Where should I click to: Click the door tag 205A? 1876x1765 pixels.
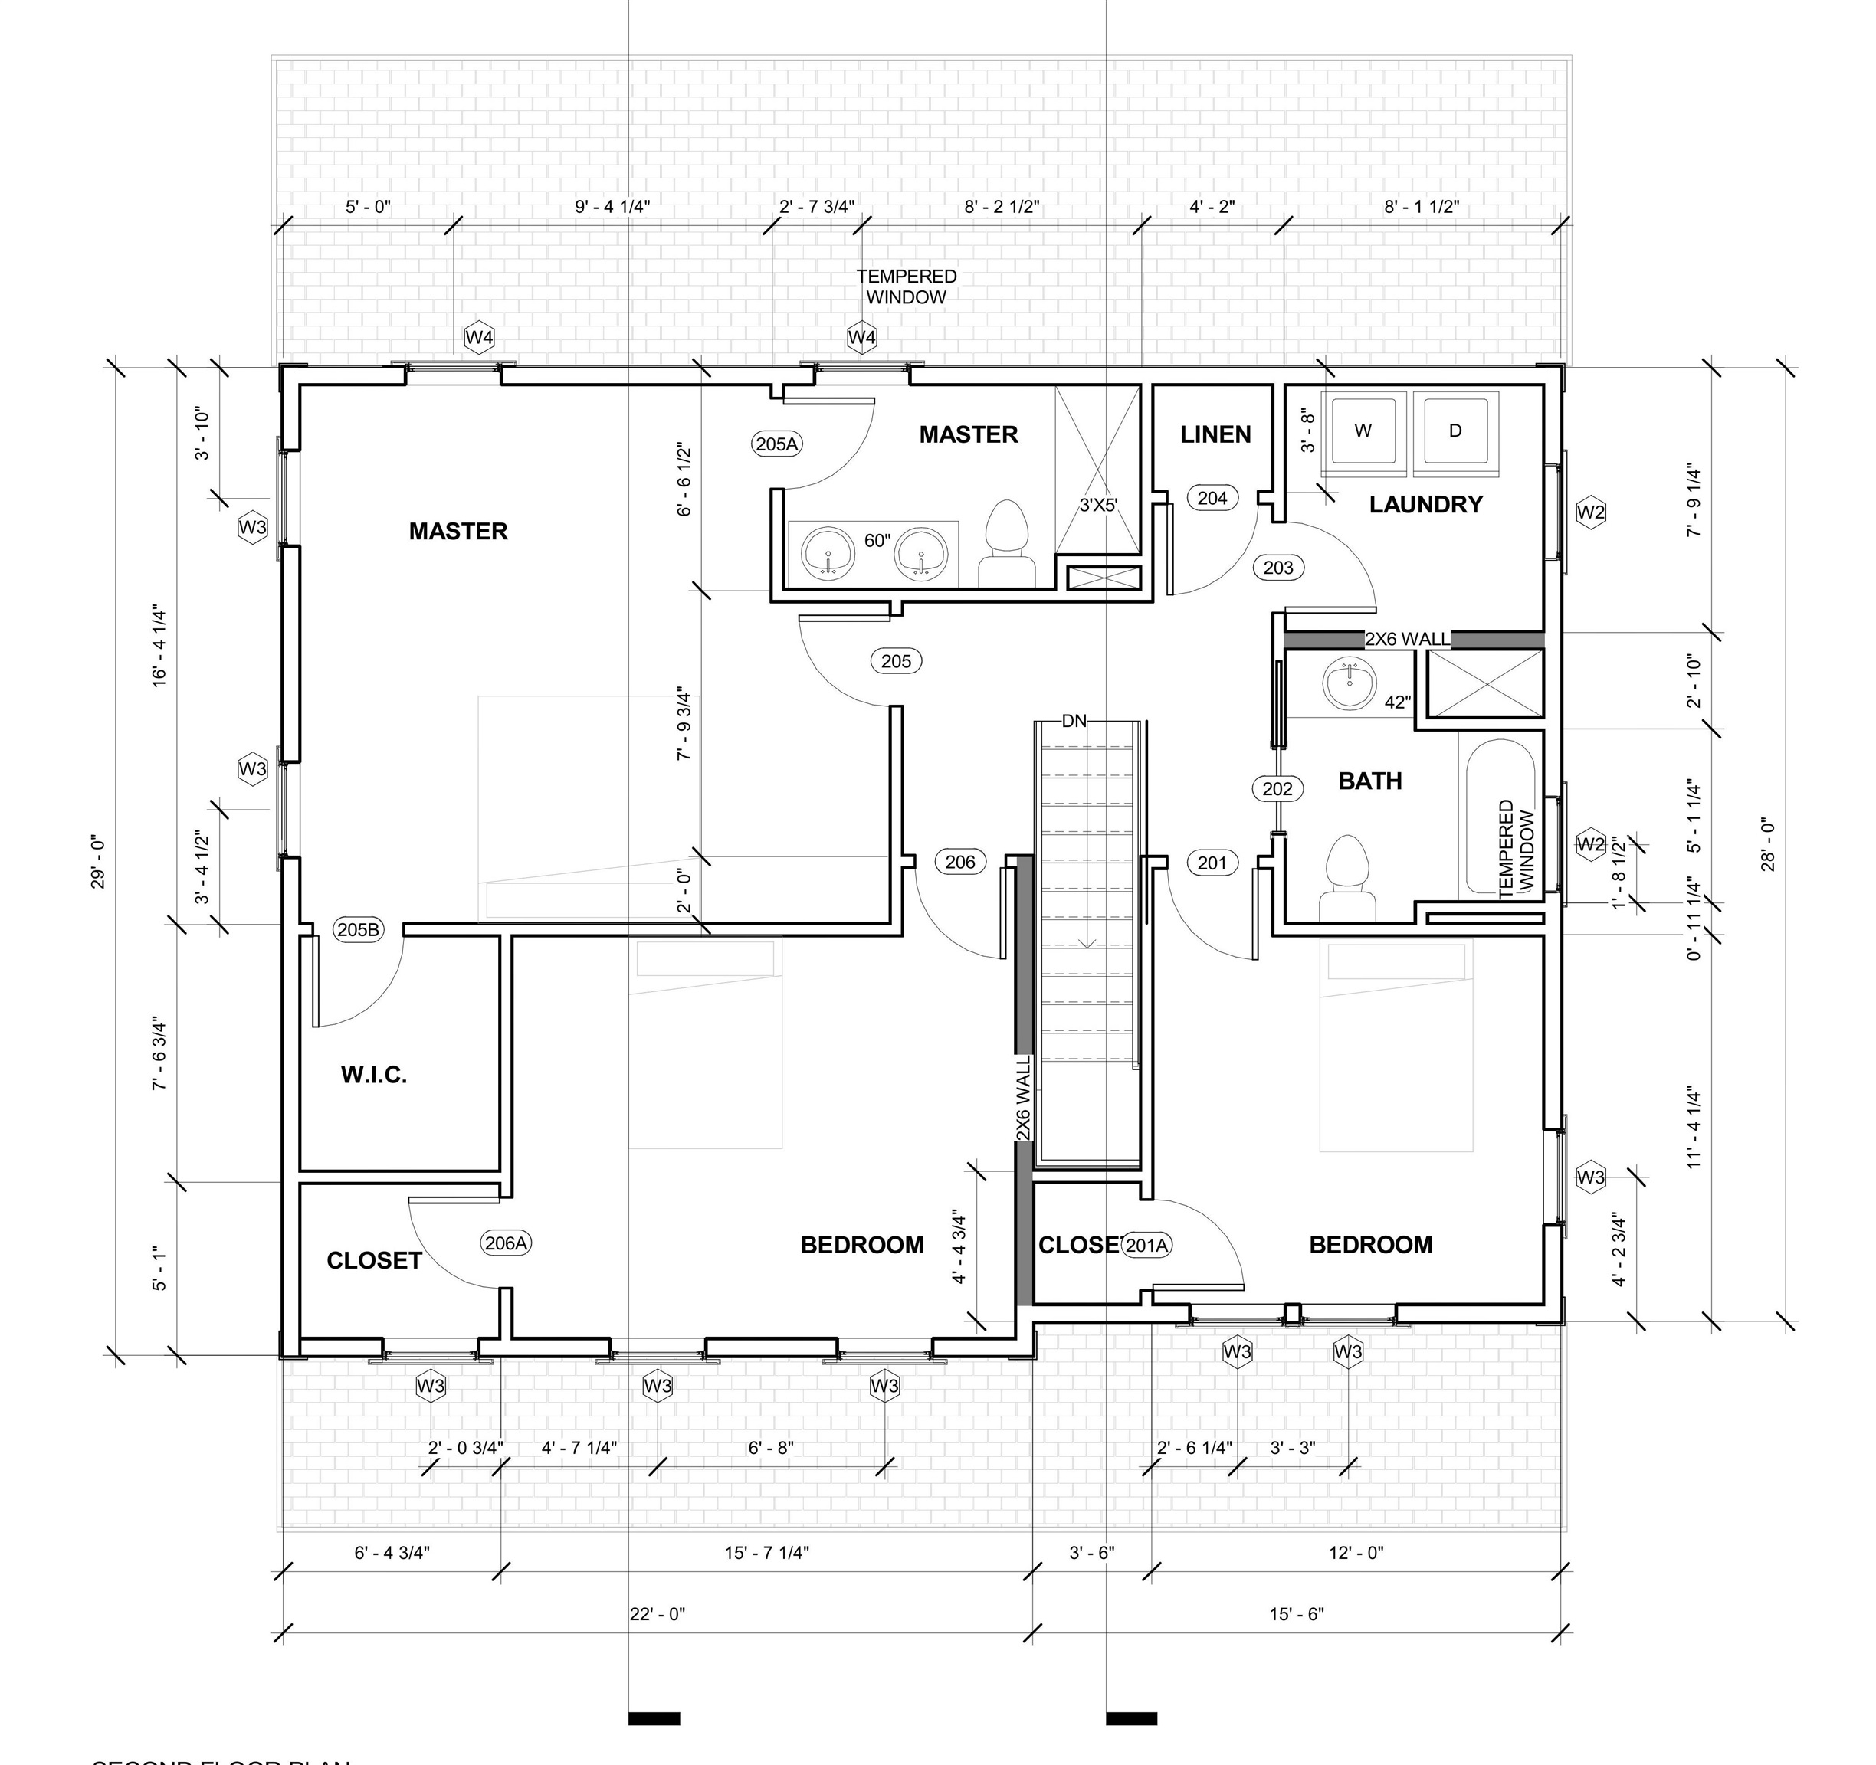coord(776,444)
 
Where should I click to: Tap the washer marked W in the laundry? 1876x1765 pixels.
coord(1363,431)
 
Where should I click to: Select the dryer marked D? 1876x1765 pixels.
coord(1455,431)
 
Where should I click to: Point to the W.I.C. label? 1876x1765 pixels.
coord(374,1075)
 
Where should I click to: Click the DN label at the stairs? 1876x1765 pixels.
coord(1074,722)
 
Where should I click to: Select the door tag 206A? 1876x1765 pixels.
coord(506,1243)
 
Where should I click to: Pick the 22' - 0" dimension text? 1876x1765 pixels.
coord(658,1614)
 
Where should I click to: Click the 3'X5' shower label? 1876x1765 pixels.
coord(1098,506)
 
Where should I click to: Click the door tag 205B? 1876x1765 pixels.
coord(359,930)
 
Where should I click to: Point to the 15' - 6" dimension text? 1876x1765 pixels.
coord(1297,1614)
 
